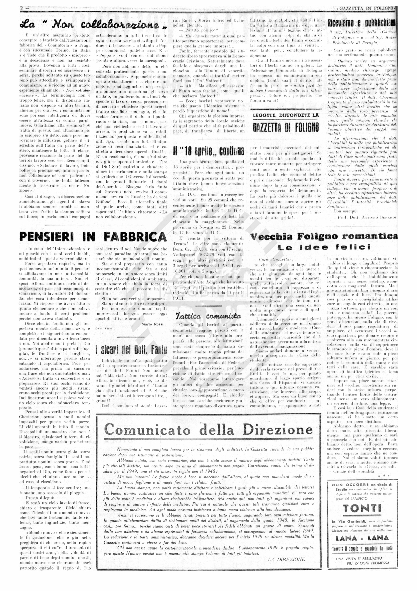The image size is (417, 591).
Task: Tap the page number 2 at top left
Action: pyautogui.click(x=22, y=8)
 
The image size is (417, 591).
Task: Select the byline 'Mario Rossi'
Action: pyautogui.click(x=152, y=324)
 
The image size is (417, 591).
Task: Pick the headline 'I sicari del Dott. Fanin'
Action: pyautogui.click(x=131, y=350)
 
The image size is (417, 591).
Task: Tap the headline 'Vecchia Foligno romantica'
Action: pyautogui.click(x=324, y=237)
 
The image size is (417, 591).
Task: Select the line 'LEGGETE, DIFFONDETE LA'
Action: pyautogui.click(x=286, y=115)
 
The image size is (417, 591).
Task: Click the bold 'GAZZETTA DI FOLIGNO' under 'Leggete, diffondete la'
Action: pyautogui.click(x=286, y=127)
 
